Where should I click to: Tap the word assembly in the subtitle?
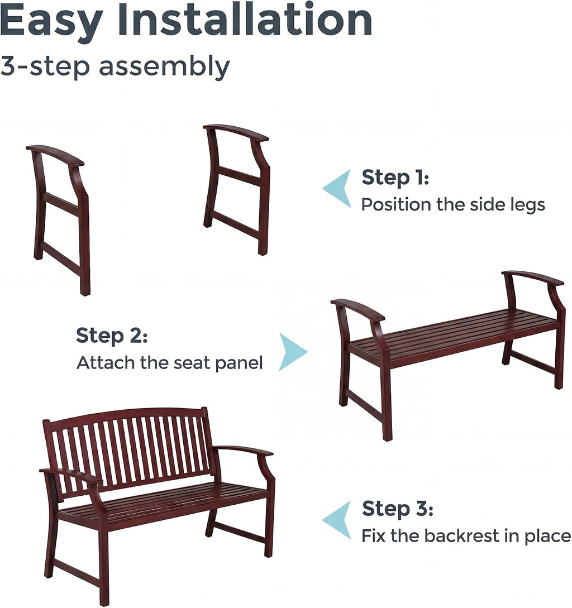click(x=164, y=66)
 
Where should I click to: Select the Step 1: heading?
click(x=395, y=178)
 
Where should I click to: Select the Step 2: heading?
click(x=112, y=336)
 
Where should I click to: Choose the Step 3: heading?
click(x=397, y=509)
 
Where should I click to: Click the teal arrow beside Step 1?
click(x=336, y=188)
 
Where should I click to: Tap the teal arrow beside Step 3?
click(x=336, y=520)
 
